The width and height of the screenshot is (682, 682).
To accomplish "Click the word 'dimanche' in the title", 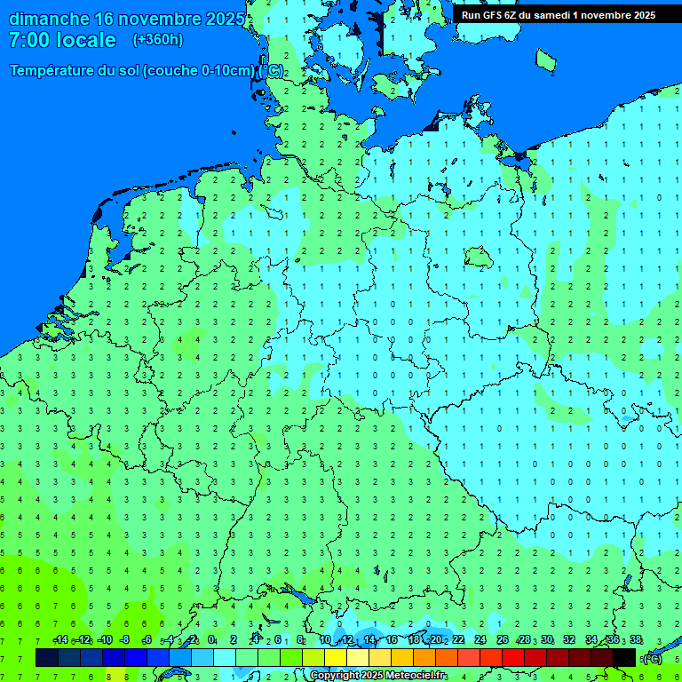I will pyautogui.click(x=49, y=19).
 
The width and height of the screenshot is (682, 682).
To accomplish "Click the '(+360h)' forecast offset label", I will pyautogui.click(x=158, y=40).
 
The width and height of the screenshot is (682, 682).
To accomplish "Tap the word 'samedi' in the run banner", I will pyautogui.click(x=551, y=14).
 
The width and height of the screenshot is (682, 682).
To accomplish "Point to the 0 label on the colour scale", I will pyautogui.click(x=211, y=640).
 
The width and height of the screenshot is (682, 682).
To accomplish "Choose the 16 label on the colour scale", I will pyautogui.click(x=391, y=640).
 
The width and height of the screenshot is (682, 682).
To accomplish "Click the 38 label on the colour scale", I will pyautogui.click(x=636, y=640).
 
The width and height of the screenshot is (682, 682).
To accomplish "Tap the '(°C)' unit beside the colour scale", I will pyautogui.click(x=652, y=658).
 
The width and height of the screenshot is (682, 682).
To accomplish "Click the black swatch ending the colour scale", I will pyautogui.click(x=624, y=657).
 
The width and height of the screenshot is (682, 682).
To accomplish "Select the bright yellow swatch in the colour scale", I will pyautogui.click(x=336, y=657).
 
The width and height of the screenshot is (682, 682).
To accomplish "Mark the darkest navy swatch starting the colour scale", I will pyautogui.click(x=47, y=657).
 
